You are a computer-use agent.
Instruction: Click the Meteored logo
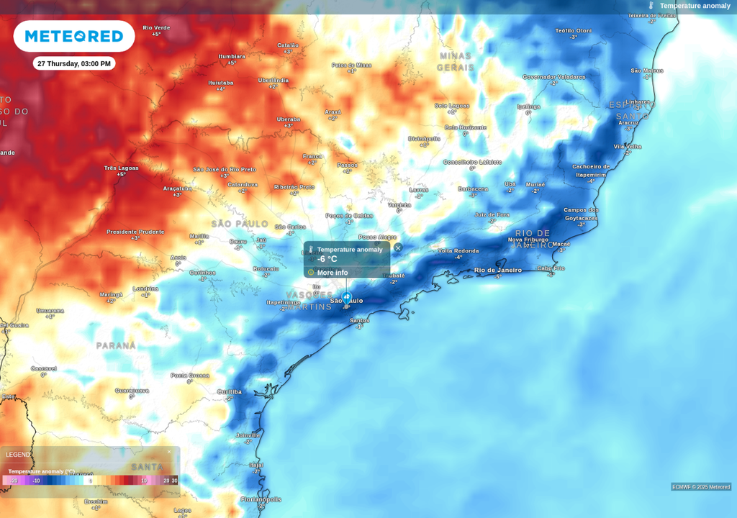coord(74,36)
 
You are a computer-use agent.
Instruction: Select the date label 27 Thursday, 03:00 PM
coord(74,64)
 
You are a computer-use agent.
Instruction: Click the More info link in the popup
coord(332,273)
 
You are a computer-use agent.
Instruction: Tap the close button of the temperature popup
coord(398,247)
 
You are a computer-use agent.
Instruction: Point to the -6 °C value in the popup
coord(327,259)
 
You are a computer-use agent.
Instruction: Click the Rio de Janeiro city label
coord(498,270)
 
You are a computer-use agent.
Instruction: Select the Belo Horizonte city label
coord(465,127)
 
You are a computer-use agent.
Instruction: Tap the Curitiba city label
coord(230,392)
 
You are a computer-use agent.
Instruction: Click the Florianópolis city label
coord(261,499)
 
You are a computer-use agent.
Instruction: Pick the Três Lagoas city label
coord(121,168)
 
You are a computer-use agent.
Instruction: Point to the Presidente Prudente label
coord(135,232)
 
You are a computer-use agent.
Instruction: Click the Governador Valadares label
coord(553,76)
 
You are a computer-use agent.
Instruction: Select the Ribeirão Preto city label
coord(294,186)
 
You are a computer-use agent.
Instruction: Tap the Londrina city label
coord(145,288)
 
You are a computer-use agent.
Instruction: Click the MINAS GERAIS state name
coord(455,61)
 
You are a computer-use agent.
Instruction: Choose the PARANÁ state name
coord(116,345)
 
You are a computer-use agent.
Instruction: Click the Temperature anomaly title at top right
coord(695,6)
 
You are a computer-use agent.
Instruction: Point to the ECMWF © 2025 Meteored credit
coord(701,487)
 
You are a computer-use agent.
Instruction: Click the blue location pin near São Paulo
coord(346,297)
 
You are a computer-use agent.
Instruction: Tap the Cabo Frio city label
coord(551,268)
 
